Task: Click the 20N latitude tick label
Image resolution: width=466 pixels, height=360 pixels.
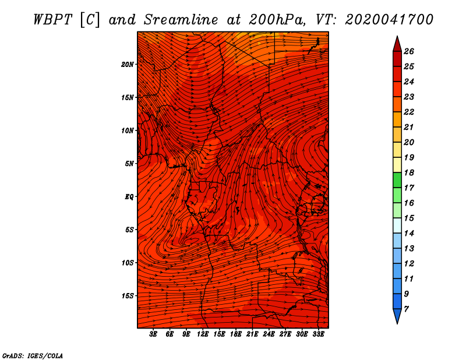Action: tap(127, 65)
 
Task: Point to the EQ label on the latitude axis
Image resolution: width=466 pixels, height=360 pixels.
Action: tap(129, 197)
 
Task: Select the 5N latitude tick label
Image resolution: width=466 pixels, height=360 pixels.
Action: tap(129, 164)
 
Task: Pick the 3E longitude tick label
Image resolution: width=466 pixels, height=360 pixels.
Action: tap(153, 334)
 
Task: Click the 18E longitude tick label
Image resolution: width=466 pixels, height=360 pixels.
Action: tap(236, 334)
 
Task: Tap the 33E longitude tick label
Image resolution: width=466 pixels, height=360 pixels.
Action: tap(318, 334)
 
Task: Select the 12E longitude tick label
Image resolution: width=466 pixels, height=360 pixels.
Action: tap(203, 334)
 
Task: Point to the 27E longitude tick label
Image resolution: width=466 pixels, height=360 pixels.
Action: tap(285, 334)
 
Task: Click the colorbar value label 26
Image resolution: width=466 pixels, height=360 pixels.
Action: tap(409, 51)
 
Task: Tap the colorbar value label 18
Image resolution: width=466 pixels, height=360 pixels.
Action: tap(409, 172)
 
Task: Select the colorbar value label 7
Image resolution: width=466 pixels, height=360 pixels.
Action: tap(406, 309)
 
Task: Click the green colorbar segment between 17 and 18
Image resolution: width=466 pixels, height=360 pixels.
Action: tap(397, 180)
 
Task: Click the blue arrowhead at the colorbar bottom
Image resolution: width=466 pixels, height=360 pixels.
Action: tap(397, 315)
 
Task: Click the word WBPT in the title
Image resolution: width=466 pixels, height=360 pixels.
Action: tap(53, 20)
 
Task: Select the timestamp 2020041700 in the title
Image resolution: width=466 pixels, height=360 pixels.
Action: tap(389, 20)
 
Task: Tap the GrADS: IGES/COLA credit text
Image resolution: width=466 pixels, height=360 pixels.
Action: tap(33, 355)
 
